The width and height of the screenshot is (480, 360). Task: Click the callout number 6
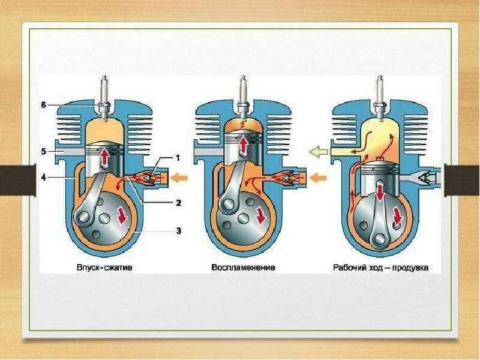[x=43, y=105]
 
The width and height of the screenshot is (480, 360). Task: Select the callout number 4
[x=43, y=176]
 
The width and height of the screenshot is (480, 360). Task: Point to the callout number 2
[x=178, y=202]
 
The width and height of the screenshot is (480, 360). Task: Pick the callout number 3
[x=178, y=230]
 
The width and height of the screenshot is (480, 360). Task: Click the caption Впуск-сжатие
[x=105, y=268]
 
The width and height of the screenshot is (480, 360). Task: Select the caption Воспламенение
[x=243, y=268]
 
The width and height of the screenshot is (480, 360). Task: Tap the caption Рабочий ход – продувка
[x=381, y=268]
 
